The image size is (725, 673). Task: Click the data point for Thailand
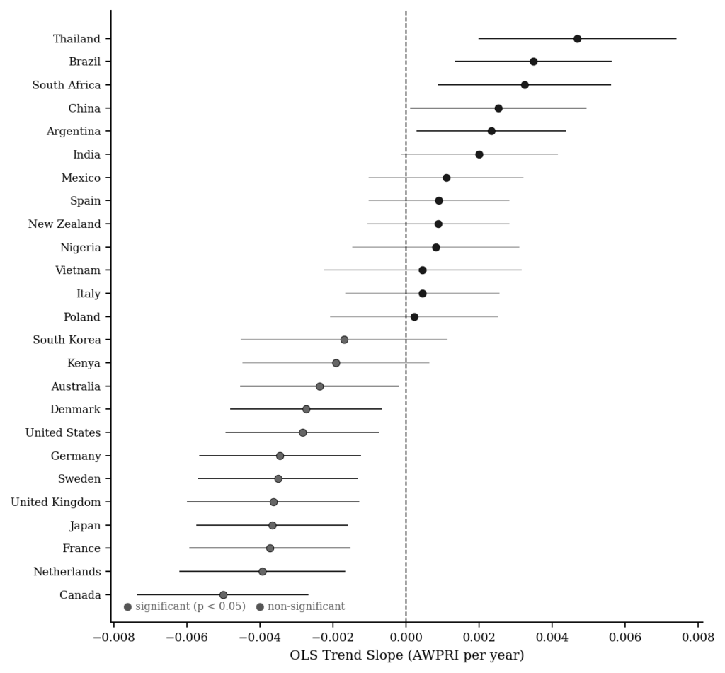point(577,39)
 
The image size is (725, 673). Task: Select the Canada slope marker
point(223,595)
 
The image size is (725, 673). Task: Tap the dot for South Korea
point(344,340)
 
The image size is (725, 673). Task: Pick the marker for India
point(479,154)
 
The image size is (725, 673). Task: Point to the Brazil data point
point(533,62)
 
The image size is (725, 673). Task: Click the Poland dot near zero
point(414,317)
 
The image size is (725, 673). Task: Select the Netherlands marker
point(263,572)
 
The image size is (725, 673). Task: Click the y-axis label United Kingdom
point(56,502)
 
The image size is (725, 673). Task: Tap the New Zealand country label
point(64,224)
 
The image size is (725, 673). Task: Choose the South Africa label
point(67,85)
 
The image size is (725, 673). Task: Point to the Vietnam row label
point(78,270)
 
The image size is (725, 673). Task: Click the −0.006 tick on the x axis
point(186,637)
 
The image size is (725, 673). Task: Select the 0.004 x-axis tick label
point(552,637)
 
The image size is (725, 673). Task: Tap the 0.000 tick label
point(406,637)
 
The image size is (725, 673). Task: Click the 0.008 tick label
point(698,637)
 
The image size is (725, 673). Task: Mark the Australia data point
point(319,386)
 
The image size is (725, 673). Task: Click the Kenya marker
point(336,363)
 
